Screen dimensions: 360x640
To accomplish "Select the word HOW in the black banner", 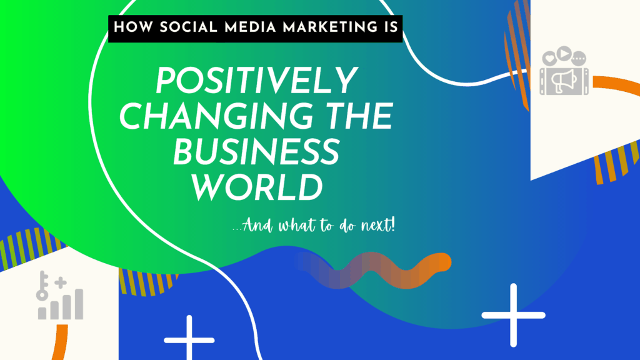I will click(131, 29).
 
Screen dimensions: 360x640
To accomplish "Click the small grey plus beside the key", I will click(61, 283).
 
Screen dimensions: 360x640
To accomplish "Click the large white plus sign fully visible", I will click(513, 315).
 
